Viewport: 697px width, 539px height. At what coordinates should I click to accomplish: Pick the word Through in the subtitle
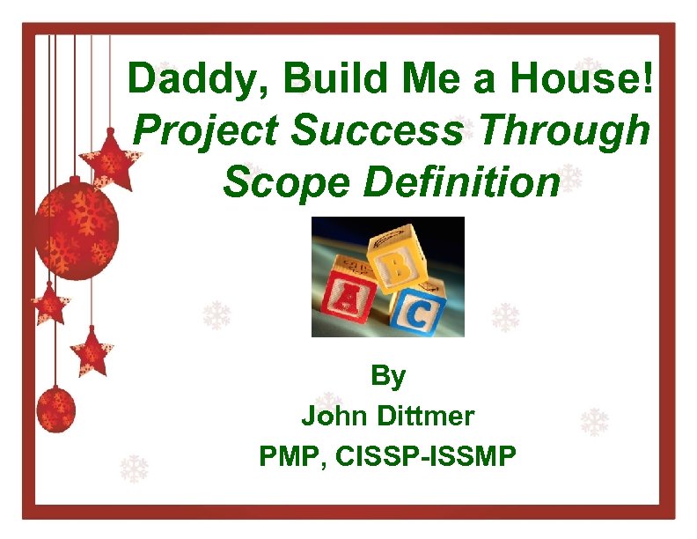pos(562,132)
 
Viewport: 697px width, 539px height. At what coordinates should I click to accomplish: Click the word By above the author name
pos(388,377)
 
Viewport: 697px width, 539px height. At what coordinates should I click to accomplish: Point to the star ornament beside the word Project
pos(109,159)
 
